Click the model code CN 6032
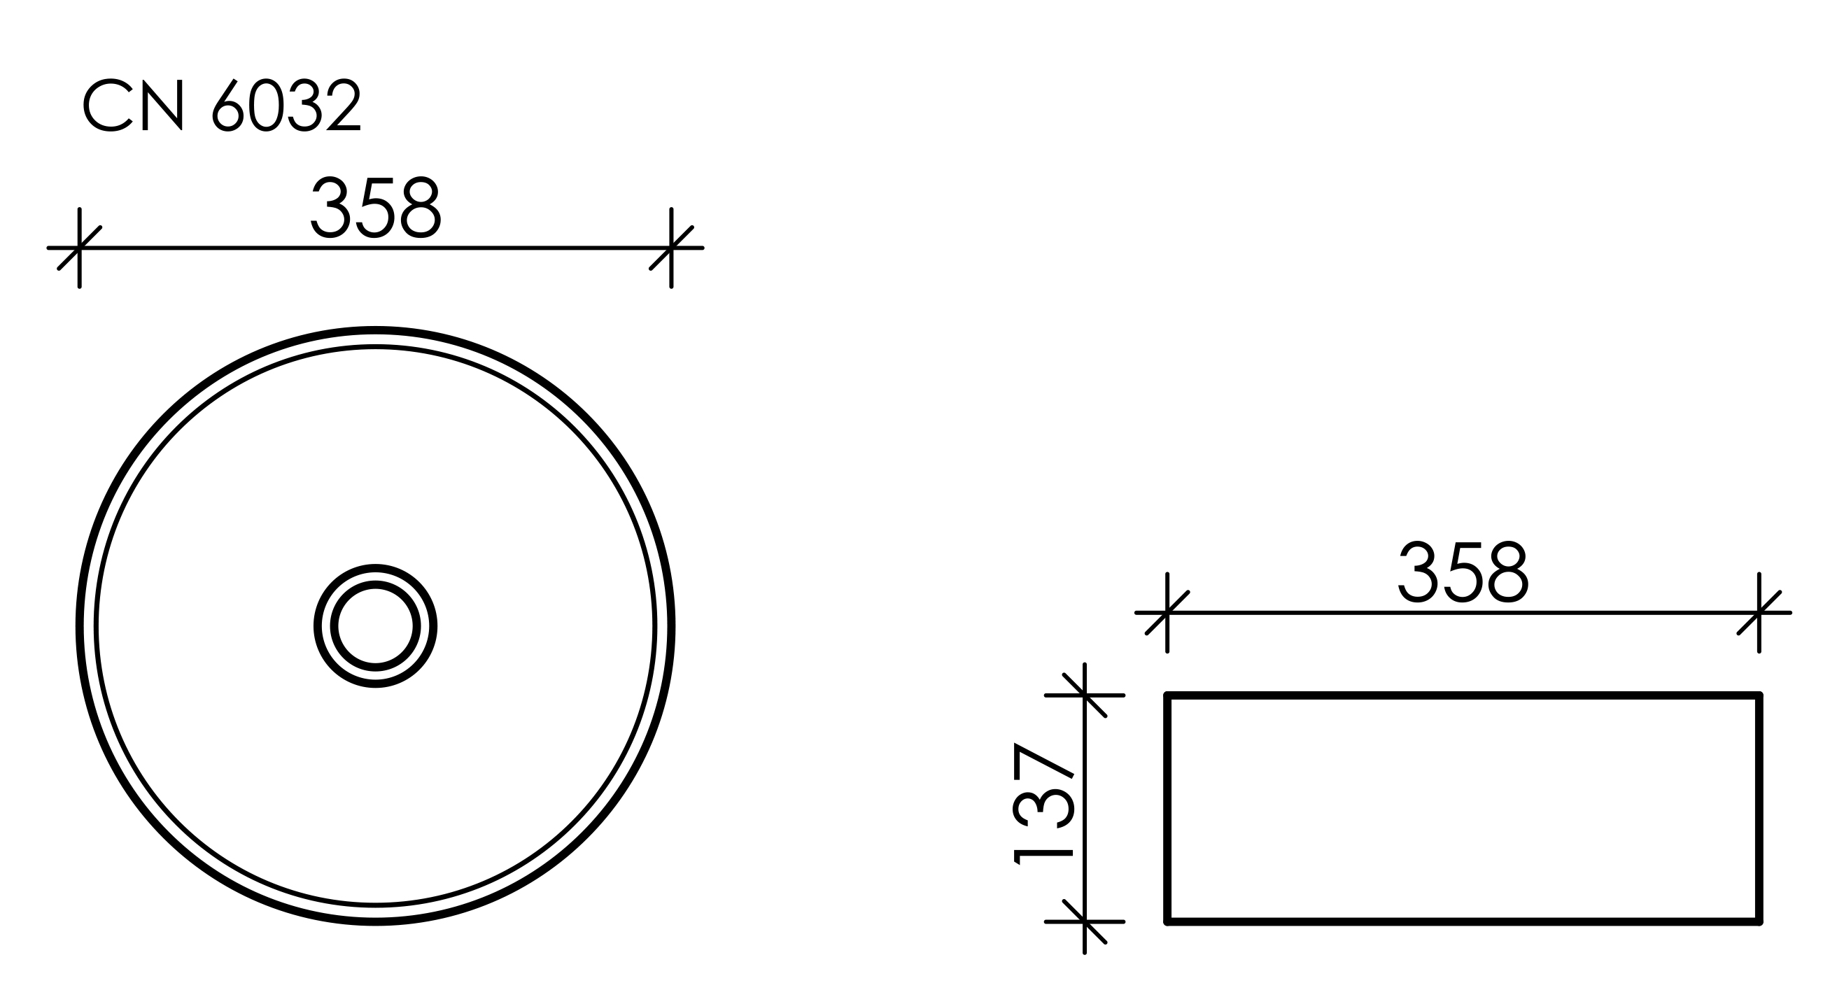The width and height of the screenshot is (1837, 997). pyautogui.click(x=223, y=106)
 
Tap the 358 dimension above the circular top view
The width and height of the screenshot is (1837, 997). pyautogui.click(x=376, y=208)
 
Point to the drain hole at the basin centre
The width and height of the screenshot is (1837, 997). pyautogui.click(x=376, y=626)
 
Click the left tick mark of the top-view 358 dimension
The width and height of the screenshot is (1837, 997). pyautogui.click(x=79, y=248)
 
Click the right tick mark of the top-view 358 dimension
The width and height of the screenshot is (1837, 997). pyautogui.click(x=671, y=248)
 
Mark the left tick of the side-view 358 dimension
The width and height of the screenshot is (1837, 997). pyautogui.click(x=1167, y=613)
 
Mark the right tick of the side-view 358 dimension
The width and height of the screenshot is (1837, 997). pyautogui.click(x=1759, y=613)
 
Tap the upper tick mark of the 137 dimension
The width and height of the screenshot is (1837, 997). pyautogui.click(x=1085, y=695)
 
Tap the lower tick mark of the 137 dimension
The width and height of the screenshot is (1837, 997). pyautogui.click(x=1085, y=922)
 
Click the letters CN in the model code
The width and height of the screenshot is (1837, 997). pyautogui.click(x=134, y=106)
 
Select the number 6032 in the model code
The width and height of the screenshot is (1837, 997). pyautogui.click(x=288, y=106)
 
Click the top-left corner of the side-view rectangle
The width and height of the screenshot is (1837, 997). pyautogui.click(x=1167, y=695)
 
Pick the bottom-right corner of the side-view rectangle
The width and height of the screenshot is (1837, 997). pyautogui.click(x=1760, y=922)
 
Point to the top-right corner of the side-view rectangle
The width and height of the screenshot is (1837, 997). pyautogui.click(x=1760, y=695)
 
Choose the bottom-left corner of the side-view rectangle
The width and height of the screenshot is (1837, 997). pyautogui.click(x=1167, y=922)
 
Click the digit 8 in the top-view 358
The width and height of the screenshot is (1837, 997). pyautogui.click(x=421, y=208)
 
